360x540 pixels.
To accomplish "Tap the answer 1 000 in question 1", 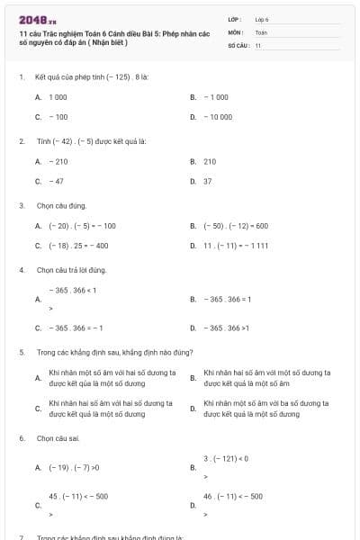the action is pos(58,96).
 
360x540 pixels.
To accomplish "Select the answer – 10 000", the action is pos(218,117).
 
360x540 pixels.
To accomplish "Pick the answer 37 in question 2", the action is pos(208,181).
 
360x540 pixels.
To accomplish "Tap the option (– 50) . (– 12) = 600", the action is pos(236,226).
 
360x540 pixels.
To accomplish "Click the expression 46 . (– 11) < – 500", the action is pos(233,496).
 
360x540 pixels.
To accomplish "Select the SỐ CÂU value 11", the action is pos(258,45).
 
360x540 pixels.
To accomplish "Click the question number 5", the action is pos(22,352).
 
